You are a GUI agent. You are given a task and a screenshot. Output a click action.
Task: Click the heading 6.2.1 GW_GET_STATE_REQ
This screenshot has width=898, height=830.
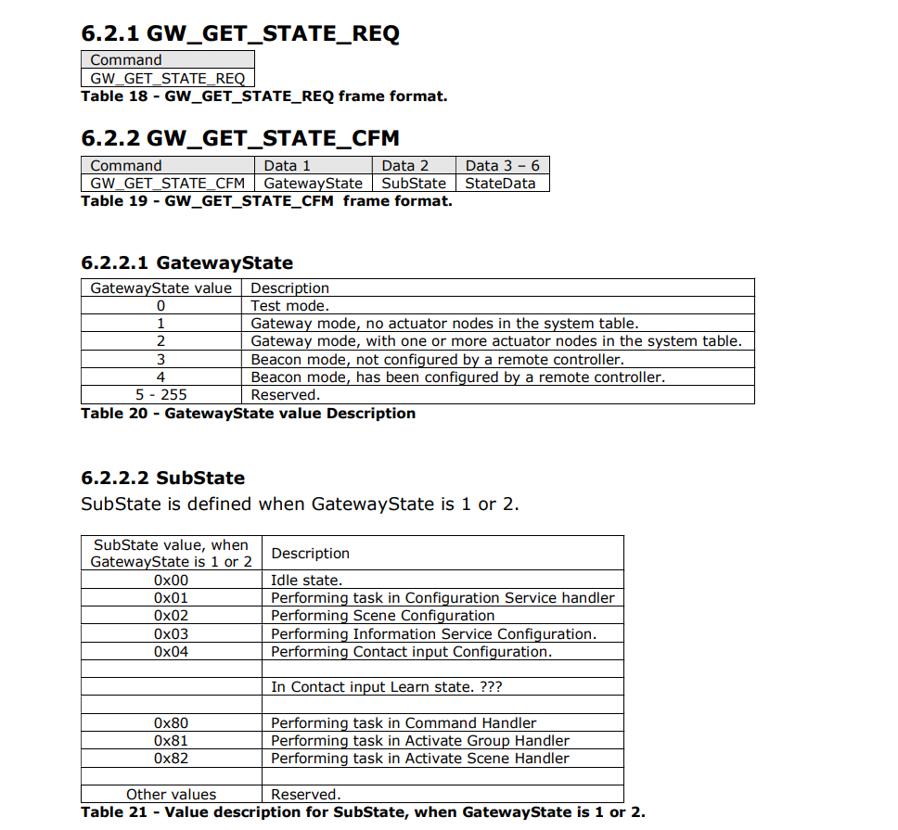(240, 34)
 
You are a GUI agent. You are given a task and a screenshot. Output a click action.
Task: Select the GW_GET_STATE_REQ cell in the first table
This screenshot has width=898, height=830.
(167, 79)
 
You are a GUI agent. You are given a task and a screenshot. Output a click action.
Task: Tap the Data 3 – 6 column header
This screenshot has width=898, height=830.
(502, 166)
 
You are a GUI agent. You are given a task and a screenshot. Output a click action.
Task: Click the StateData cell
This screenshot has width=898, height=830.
(501, 184)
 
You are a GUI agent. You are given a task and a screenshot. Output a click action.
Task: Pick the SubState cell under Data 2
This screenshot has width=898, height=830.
(414, 184)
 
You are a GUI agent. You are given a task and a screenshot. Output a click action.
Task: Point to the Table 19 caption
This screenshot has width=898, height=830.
(266, 201)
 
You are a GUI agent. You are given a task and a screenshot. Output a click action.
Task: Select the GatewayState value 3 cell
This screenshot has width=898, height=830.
(160, 360)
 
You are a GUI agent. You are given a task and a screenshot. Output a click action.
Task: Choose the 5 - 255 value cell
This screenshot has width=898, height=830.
(160, 395)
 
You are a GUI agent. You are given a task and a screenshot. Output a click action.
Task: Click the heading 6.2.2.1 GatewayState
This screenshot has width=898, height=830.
(186, 263)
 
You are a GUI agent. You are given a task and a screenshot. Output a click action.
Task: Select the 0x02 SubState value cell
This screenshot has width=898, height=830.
(171, 616)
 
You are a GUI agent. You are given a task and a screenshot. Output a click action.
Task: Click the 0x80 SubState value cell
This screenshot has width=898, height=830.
(171, 723)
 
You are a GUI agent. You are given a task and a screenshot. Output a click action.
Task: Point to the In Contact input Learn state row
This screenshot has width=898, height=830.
(386, 687)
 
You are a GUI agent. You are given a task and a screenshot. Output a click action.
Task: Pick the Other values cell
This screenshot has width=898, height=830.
(171, 795)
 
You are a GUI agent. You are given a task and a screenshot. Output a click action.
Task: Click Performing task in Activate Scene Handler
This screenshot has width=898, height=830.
(419, 759)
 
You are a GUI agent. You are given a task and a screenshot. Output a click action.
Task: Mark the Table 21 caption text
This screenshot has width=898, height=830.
(363, 812)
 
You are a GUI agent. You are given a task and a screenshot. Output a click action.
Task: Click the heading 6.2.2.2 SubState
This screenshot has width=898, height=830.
(163, 479)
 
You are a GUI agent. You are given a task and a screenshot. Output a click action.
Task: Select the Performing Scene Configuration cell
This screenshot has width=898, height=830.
(382, 616)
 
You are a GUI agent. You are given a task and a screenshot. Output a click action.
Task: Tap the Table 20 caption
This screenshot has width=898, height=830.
(248, 414)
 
